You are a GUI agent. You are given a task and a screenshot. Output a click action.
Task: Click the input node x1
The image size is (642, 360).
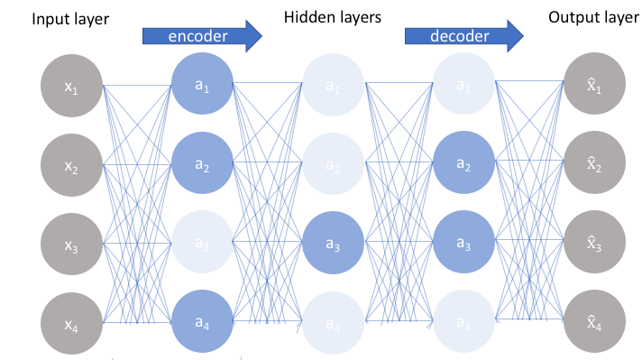pyautogui.click(x=72, y=87)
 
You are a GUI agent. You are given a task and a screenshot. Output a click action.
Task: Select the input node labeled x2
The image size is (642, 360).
pyautogui.click(x=72, y=165)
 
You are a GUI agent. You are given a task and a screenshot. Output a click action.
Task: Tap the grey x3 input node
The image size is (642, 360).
pyautogui.click(x=72, y=244)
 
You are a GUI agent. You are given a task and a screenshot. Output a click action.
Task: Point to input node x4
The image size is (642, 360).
pyautogui.click(x=72, y=320)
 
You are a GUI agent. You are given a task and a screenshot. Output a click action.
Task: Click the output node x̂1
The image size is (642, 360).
pyautogui.click(x=592, y=87)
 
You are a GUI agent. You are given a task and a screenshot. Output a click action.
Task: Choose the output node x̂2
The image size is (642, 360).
pyautogui.click(x=592, y=165)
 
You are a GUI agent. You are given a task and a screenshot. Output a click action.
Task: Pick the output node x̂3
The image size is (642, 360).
pyautogui.click(x=592, y=244)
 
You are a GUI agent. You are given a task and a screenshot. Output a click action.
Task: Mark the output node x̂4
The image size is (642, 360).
pyautogui.click(x=592, y=320)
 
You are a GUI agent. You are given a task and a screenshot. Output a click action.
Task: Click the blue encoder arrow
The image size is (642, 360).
pyautogui.click(x=201, y=35)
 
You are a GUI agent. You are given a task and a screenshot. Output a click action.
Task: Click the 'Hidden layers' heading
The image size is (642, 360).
pyautogui.click(x=331, y=17)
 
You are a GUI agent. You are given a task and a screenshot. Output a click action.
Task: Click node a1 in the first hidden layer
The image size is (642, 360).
pyautogui.click(x=202, y=87)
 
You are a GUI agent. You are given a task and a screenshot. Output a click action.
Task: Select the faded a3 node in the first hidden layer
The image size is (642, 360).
pyautogui.click(x=202, y=244)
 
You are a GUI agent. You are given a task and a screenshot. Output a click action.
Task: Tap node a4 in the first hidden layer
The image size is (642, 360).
pyautogui.click(x=202, y=320)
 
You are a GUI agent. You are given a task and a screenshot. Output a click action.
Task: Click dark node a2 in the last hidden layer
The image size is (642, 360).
pyautogui.click(x=463, y=165)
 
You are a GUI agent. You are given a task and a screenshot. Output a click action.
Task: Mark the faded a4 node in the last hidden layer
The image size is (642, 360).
pyautogui.click(x=463, y=320)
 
